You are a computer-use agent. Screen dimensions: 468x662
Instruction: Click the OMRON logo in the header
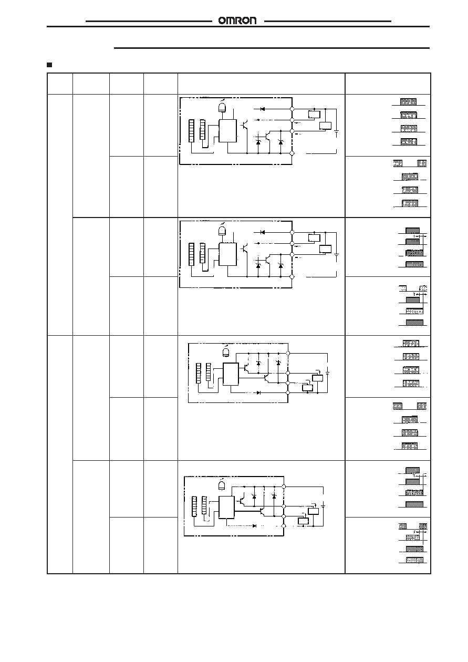(237, 20)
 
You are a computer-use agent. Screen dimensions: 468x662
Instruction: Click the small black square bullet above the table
(49, 65)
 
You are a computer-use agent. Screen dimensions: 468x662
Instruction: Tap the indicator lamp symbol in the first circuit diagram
(222, 107)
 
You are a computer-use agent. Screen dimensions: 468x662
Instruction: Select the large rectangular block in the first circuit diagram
(227, 131)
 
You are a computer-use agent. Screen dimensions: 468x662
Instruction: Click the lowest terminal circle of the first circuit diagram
(292, 153)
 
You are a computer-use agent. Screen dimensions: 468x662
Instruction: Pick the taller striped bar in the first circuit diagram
(191, 131)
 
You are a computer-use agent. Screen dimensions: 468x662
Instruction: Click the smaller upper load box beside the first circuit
(314, 114)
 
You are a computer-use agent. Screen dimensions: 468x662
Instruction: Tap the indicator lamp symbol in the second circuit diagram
(222, 231)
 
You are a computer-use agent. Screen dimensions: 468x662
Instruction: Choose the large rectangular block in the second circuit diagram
(227, 254)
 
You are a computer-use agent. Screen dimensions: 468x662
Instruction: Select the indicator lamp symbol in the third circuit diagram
(226, 352)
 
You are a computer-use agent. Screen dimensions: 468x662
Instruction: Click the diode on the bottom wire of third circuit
(258, 393)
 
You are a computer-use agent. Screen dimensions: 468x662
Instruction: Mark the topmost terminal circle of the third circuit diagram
(288, 354)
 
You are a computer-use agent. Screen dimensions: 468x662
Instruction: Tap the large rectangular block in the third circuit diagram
(231, 374)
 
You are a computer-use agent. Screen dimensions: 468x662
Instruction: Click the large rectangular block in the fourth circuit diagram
(226, 508)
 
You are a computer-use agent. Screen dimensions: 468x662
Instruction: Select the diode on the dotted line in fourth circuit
(254, 526)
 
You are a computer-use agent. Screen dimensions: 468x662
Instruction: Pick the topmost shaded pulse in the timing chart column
(408, 102)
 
